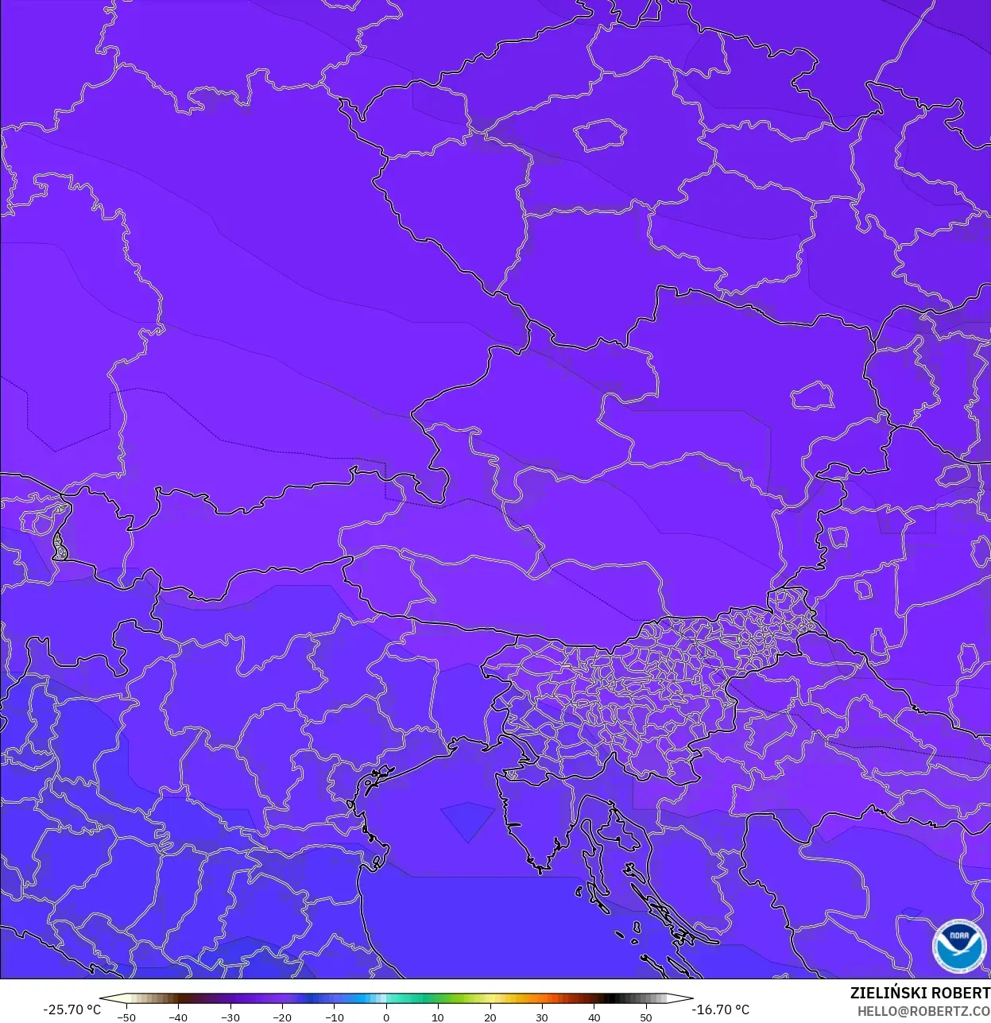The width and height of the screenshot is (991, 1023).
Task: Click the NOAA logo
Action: pyautogui.click(x=959, y=945)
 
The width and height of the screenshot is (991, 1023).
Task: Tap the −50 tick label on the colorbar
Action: pyautogui.click(x=126, y=1017)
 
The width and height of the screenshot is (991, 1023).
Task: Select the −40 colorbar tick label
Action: pyautogui.click(x=178, y=1017)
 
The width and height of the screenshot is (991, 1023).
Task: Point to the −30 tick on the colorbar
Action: pyautogui.click(x=230, y=1017)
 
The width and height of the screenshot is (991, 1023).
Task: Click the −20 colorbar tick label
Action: pyautogui.click(x=282, y=1017)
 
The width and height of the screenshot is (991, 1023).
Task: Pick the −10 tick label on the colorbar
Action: pyautogui.click(x=334, y=1017)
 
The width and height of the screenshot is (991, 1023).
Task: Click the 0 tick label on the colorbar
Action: pyautogui.click(x=386, y=1017)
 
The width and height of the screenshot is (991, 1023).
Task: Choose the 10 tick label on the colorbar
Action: pyautogui.click(x=438, y=1017)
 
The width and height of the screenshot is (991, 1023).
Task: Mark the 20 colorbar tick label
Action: pyautogui.click(x=490, y=1017)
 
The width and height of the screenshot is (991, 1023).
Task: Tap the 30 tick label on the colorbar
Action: pyautogui.click(x=542, y=1017)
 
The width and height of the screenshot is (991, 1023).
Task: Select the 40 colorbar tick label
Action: pyautogui.click(x=594, y=1017)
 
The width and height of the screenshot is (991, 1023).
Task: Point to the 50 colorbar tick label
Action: pyautogui.click(x=646, y=1017)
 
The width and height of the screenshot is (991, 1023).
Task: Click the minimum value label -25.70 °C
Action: pyautogui.click(x=72, y=1009)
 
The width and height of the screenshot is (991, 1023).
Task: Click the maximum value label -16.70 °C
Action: pyautogui.click(x=721, y=1009)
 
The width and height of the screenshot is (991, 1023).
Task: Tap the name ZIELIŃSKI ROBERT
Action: pyautogui.click(x=919, y=993)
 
